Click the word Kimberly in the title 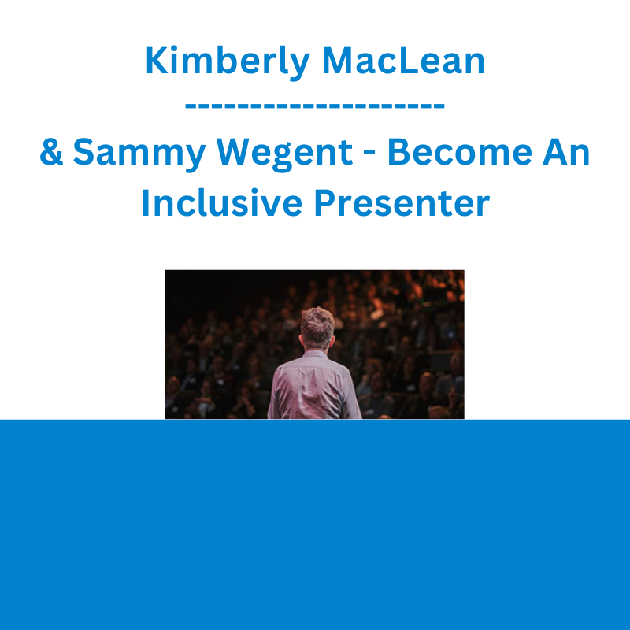pos(228,62)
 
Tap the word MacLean pos(403,61)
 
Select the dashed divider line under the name pos(314,106)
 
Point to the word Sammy pos(139,154)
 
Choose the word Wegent pos(284,154)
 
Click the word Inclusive pos(222,202)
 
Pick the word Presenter pos(402,202)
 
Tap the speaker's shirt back pos(314,387)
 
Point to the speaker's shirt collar pos(315,354)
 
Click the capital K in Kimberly pos(157,61)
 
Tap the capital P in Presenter pos(324,202)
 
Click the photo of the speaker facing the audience pos(314,344)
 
